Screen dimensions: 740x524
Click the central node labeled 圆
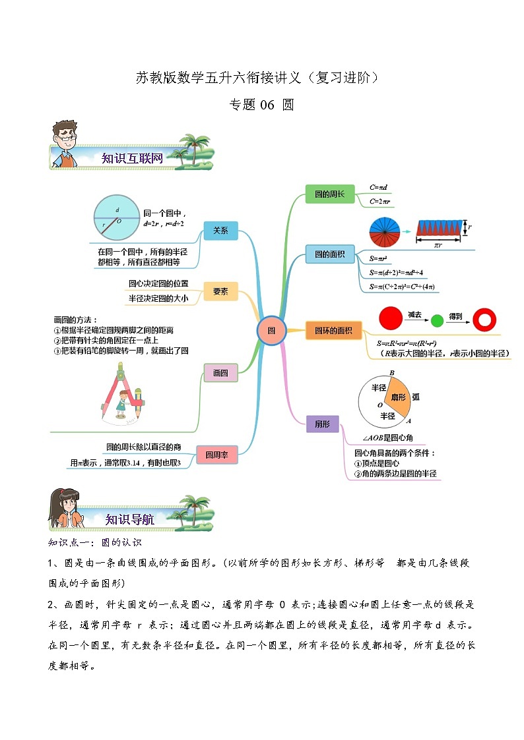pyautogui.click(x=271, y=330)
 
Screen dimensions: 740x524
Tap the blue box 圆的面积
pyautogui.click(x=330, y=254)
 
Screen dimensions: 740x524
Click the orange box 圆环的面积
pyautogui.click(x=333, y=331)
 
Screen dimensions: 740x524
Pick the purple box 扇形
pyautogui.click(x=323, y=424)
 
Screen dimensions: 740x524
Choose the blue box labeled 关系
pyautogui.click(x=220, y=231)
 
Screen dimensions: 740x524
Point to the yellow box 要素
pyautogui.click(x=220, y=291)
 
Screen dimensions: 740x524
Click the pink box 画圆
pyautogui.click(x=220, y=372)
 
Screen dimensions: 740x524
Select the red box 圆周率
pyautogui.click(x=216, y=455)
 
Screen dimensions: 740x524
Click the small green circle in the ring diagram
pyautogui.click(x=436, y=321)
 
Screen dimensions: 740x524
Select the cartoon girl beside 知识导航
pyautogui.click(x=65, y=509)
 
